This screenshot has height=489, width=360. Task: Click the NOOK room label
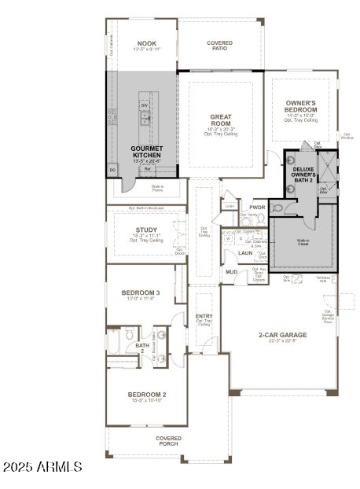pyautogui.click(x=147, y=43)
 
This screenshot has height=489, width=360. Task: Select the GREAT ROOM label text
pyautogui.click(x=220, y=119)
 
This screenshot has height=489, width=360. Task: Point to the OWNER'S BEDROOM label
pyautogui.click(x=301, y=106)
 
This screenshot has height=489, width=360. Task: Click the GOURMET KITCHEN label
pyautogui.click(x=146, y=152)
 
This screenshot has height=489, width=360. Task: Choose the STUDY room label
pyautogui.click(x=146, y=230)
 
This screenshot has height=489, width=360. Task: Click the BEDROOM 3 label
pyautogui.click(x=141, y=292)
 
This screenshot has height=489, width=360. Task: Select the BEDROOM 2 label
pyautogui.click(x=147, y=395)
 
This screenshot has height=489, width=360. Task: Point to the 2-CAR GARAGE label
pyautogui.click(x=283, y=335)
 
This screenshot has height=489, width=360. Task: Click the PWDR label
pyautogui.click(x=257, y=207)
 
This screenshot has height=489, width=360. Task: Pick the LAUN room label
pyautogui.click(x=245, y=253)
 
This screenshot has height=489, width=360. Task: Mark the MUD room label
pyautogui.click(x=232, y=272)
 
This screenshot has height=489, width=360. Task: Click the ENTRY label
pyautogui.click(x=204, y=316)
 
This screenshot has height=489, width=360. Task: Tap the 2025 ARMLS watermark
pyautogui.click(x=42, y=467)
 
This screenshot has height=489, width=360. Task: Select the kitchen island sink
pyautogui.click(x=145, y=118)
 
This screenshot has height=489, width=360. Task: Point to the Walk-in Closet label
pyautogui.click(x=303, y=242)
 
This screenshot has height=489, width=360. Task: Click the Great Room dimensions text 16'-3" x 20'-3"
pyautogui.click(x=220, y=129)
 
